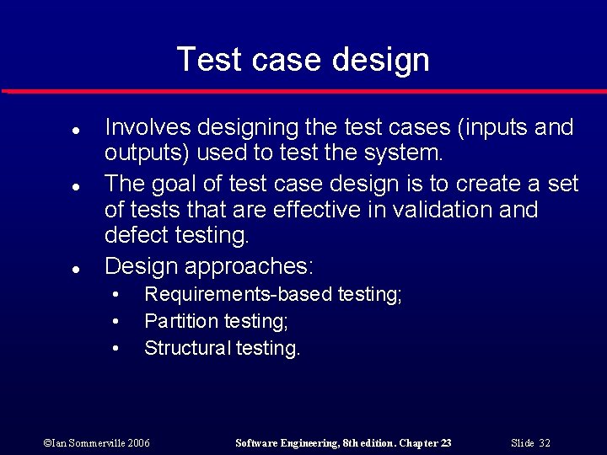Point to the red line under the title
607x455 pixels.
click(x=303, y=91)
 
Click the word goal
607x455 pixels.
click(x=179, y=183)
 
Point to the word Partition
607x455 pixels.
click(x=181, y=321)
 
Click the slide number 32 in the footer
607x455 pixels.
click(x=545, y=443)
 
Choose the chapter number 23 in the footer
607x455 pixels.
click(x=445, y=443)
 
